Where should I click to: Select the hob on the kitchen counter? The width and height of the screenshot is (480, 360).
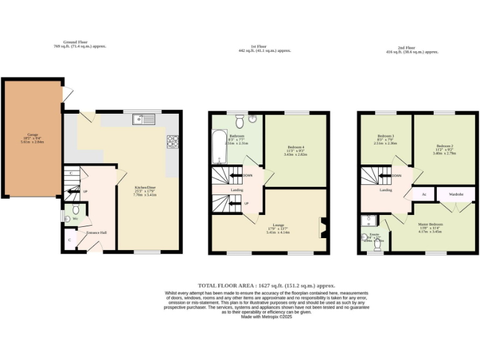[x=172, y=142]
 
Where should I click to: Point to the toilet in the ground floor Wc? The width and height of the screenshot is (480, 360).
[x=76, y=209]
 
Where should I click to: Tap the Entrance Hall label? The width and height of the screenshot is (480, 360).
[x=96, y=232]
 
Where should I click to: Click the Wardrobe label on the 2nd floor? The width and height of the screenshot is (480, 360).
[x=455, y=194]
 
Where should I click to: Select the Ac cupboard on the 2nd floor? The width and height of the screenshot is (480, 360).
[x=424, y=194]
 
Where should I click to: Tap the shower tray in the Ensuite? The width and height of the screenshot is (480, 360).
[x=369, y=221]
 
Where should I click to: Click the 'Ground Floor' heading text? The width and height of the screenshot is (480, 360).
[x=75, y=42]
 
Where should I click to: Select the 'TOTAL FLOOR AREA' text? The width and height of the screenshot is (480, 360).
[x=232, y=284]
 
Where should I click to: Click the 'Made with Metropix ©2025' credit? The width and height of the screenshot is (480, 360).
[x=267, y=317]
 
